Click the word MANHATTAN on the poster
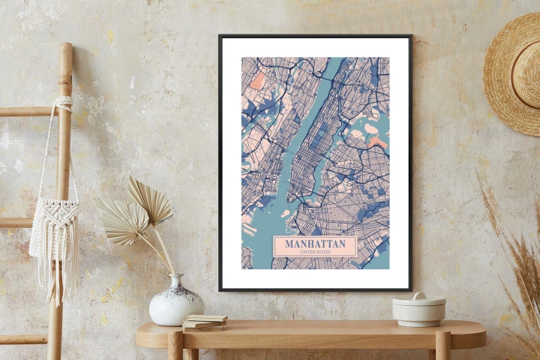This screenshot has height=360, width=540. [x=315, y=244]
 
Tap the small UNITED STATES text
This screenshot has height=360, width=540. [x=315, y=252]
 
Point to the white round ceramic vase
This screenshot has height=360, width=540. [x=175, y=304]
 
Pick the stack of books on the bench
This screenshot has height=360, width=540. [x=204, y=322]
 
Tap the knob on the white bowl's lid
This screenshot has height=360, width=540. [x=418, y=295]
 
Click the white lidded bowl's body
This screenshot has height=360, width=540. [x=418, y=316]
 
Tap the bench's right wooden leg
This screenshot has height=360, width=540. [x=443, y=346]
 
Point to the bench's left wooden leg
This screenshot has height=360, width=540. [x=175, y=346]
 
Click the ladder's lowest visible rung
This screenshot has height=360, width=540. [x=22, y=339]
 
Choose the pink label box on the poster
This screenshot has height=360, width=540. [x=315, y=247]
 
